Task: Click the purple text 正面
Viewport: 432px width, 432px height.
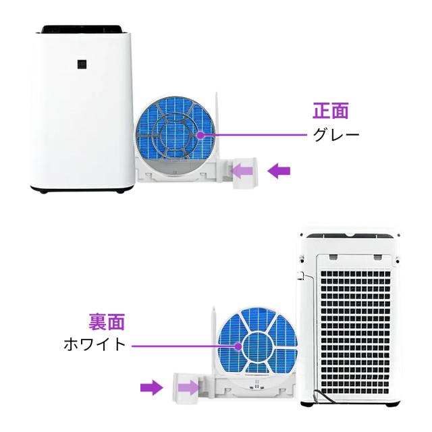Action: (331, 110)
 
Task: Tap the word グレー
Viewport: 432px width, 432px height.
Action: (335, 134)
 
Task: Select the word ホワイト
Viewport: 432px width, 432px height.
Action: (94, 344)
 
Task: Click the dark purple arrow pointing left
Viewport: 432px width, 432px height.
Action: (279, 172)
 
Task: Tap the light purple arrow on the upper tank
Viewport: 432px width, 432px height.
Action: (243, 172)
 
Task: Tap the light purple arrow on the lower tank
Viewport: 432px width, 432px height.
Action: (188, 387)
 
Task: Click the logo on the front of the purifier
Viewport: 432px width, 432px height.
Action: (82, 63)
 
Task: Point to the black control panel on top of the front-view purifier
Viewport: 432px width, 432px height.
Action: (82, 29)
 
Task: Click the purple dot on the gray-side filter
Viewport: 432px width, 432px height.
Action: (201, 134)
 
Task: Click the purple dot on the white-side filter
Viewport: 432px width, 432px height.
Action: (238, 346)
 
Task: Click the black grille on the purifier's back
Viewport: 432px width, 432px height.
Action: (353, 324)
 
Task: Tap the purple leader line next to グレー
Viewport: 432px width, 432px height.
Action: (256, 134)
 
